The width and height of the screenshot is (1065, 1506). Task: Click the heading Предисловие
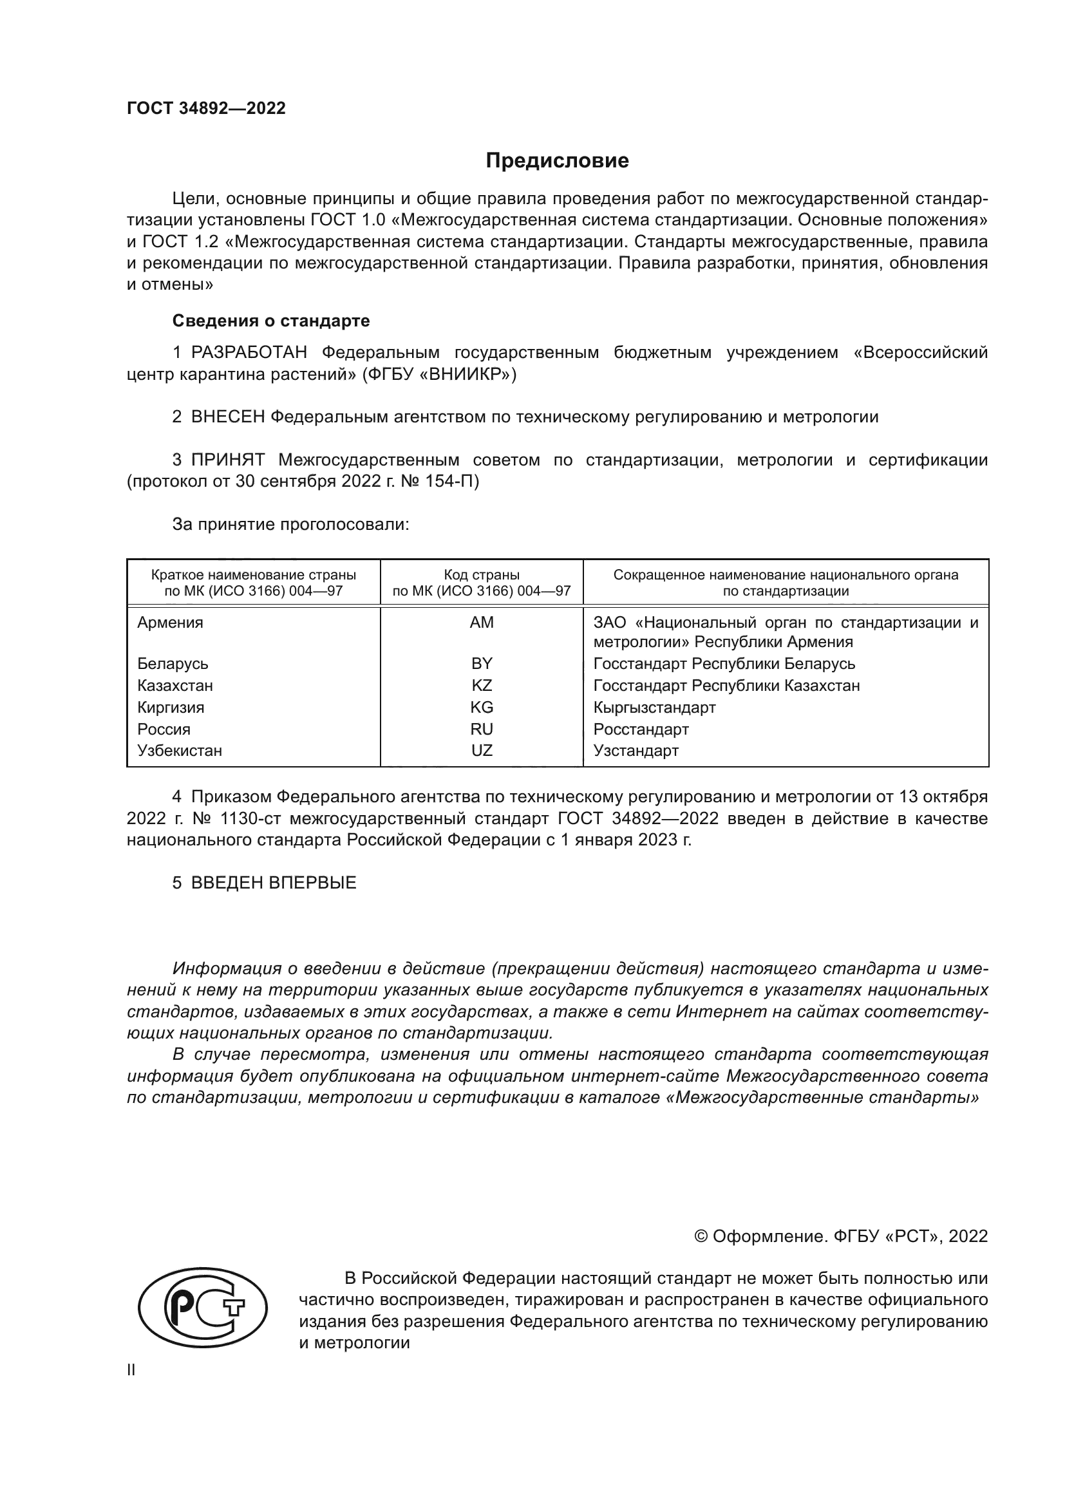557,161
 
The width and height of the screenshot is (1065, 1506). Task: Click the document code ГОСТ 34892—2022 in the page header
206,108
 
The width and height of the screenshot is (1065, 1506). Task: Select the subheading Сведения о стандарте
271,321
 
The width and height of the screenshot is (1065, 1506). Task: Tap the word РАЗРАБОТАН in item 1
249,353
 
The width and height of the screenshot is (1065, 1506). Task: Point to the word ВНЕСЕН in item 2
227,417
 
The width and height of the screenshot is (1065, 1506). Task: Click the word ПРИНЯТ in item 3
227,460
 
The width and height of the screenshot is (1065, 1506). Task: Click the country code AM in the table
482,623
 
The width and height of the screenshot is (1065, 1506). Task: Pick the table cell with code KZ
482,686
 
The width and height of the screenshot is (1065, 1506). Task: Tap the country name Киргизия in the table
171,708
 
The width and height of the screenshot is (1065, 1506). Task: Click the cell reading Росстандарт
641,729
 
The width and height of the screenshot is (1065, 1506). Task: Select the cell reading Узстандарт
636,751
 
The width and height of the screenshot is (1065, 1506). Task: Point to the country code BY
482,664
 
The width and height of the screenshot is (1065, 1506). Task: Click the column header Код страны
482,575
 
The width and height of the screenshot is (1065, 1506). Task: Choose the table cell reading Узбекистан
180,751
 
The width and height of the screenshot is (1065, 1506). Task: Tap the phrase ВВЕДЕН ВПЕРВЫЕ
274,883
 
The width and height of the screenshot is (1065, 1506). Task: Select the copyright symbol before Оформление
701,1236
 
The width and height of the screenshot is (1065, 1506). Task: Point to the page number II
131,1370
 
